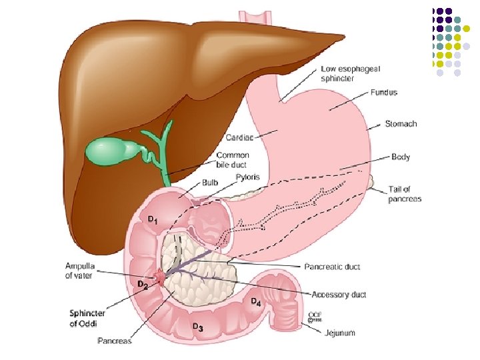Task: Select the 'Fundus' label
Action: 384,92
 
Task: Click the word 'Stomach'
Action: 401,124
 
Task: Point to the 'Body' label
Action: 401,157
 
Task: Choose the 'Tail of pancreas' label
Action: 405,194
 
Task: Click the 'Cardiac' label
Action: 239,137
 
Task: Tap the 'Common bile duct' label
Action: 233,160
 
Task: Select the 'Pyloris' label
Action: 248,177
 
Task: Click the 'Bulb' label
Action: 210,182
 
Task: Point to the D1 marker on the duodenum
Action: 153,219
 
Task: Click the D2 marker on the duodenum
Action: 142,285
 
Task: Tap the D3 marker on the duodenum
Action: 197,327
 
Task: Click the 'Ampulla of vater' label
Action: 79,271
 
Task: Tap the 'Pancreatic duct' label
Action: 333,267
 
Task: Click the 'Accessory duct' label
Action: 339,294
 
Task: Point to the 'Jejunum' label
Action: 340,333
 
